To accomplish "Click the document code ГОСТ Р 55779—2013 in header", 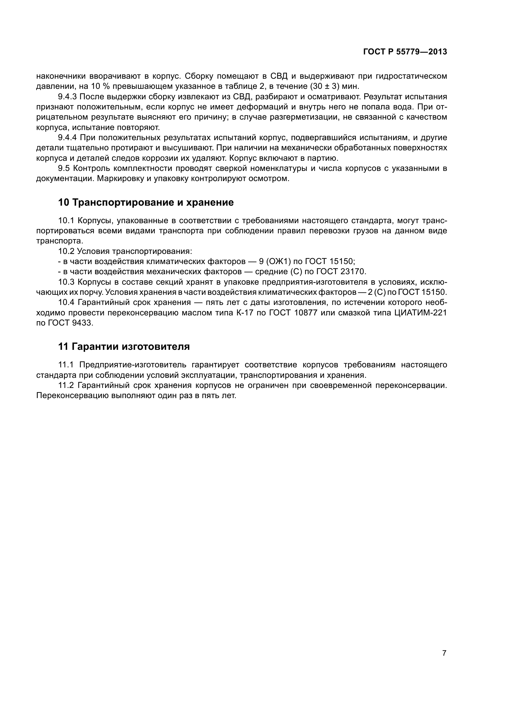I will click(x=405, y=52).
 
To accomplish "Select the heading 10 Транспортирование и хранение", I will click(x=146, y=203).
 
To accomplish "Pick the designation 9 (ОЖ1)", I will click(x=275, y=261).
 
